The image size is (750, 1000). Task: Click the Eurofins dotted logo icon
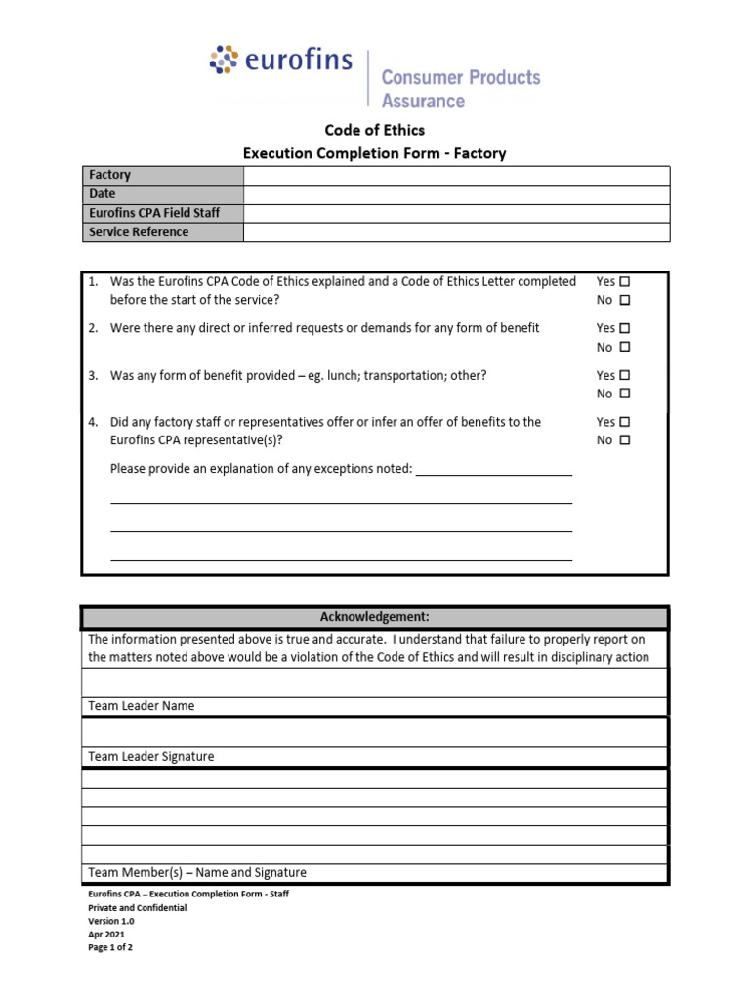(225, 60)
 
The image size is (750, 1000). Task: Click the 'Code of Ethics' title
(375, 130)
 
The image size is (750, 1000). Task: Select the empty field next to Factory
(456, 175)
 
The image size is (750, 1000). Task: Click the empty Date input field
(456, 194)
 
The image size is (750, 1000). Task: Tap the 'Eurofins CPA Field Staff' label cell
(162, 213)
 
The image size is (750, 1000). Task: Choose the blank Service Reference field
(456, 232)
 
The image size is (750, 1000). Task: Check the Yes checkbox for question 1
(625, 281)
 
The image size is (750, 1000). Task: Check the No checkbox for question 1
(625, 300)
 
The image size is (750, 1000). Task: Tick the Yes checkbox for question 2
(625, 328)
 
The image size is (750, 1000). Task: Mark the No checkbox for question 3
(625, 394)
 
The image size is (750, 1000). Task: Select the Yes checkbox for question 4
(625, 422)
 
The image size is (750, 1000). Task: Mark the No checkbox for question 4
(625, 440)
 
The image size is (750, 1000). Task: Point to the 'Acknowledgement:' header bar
(375, 617)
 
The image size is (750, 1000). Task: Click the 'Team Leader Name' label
(142, 706)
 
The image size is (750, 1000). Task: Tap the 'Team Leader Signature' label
(151, 757)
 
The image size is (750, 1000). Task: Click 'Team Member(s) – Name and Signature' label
(197, 873)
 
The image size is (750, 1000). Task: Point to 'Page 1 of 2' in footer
(110, 947)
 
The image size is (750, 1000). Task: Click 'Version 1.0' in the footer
(111, 921)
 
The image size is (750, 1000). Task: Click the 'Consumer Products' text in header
(460, 77)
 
